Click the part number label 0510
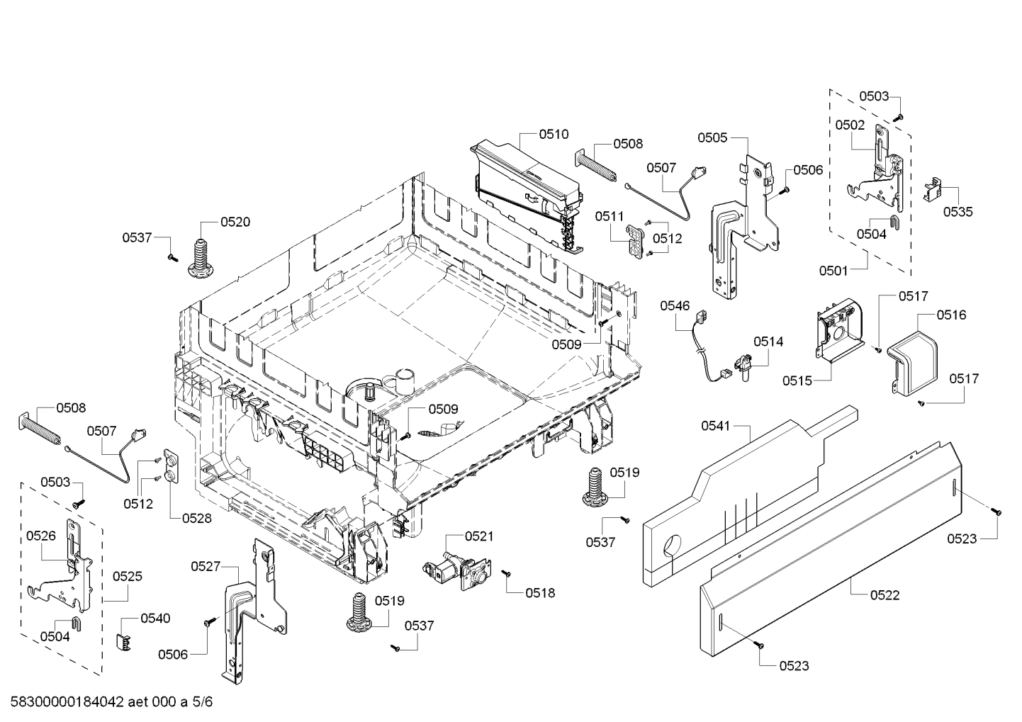coord(554,134)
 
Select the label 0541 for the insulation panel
coord(716,426)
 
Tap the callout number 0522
coord(885,595)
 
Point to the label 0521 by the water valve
coord(479,536)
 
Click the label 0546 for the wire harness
coord(675,305)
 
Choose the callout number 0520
coord(235,222)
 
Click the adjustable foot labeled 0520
coord(201,258)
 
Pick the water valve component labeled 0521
coord(457,572)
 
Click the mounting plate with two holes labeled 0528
coord(171,468)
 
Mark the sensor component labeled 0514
coord(743,368)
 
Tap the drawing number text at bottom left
coord(111,701)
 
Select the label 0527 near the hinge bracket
coord(206,566)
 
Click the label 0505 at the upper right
coord(713,137)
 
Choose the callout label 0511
coord(609,216)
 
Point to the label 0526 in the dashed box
coord(41,536)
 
